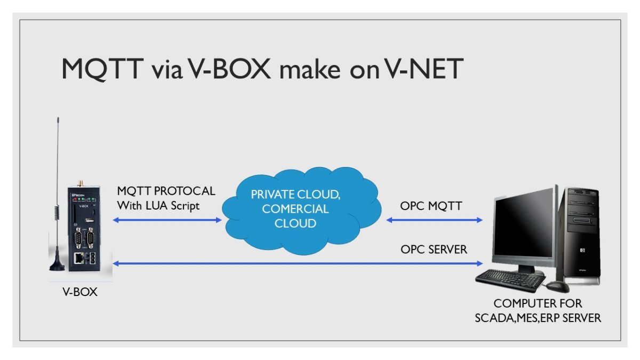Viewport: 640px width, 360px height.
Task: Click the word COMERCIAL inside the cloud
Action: (x=295, y=209)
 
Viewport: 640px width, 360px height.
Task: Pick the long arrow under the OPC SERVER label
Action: (x=299, y=263)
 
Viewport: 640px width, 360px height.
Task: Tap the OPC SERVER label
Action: (x=434, y=249)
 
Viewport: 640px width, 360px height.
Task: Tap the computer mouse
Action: (x=557, y=286)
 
